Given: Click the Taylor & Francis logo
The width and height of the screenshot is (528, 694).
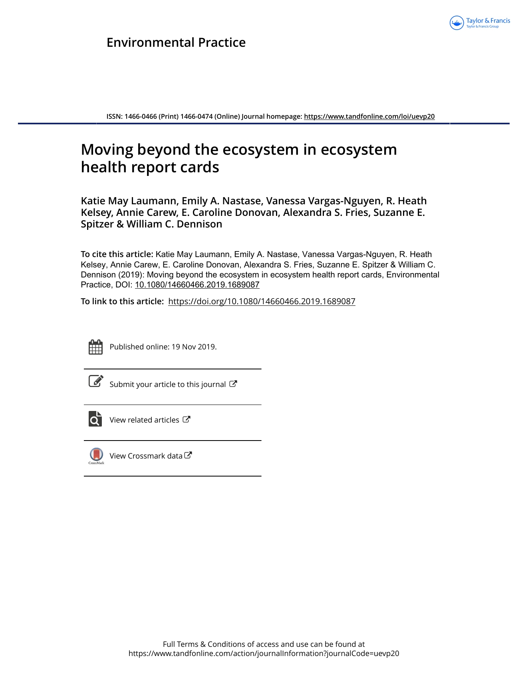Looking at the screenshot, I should point(480,23).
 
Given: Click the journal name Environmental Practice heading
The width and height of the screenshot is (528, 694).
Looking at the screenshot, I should point(176,42).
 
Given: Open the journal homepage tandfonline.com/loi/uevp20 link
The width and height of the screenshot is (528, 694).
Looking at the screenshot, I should point(369,116).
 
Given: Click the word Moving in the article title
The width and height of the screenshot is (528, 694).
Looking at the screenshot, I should point(107,150).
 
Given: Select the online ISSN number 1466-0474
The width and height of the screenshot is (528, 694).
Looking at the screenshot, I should point(196,116).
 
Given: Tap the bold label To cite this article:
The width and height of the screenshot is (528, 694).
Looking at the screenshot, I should point(117,254).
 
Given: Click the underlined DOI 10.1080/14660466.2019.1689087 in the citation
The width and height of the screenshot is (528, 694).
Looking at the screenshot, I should point(197,285).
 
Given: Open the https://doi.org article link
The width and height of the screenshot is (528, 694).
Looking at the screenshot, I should point(262,302).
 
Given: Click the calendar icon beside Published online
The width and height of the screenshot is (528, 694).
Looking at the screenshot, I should point(95,347).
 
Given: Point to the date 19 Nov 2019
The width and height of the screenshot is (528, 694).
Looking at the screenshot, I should point(193,347).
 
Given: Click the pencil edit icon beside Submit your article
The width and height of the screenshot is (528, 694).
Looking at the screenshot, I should point(96,381).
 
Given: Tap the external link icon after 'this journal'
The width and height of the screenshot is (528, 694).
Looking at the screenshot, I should point(233,384).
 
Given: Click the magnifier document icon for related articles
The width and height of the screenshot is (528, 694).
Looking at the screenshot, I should point(95,419).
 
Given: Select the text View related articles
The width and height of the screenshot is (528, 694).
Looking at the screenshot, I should point(144,420).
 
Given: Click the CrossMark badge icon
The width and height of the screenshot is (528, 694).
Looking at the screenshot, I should point(96,455).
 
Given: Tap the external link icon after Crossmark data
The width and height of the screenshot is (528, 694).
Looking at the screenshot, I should point(188,455).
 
